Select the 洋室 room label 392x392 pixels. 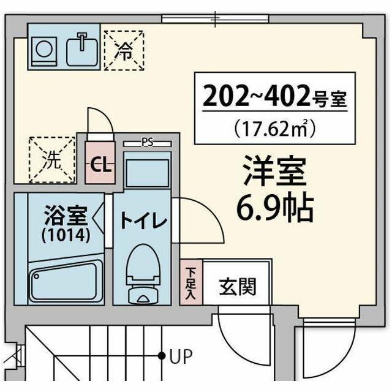[274, 173]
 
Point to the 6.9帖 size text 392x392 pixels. [275, 209]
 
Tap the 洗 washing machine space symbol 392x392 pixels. [51, 160]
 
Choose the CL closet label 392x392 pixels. [100, 165]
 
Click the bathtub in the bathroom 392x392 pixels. [66, 280]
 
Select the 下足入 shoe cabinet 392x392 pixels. [191, 281]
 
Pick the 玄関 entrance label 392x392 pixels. [237, 286]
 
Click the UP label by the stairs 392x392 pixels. [180, 355]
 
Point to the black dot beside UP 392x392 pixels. [162, 355]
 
